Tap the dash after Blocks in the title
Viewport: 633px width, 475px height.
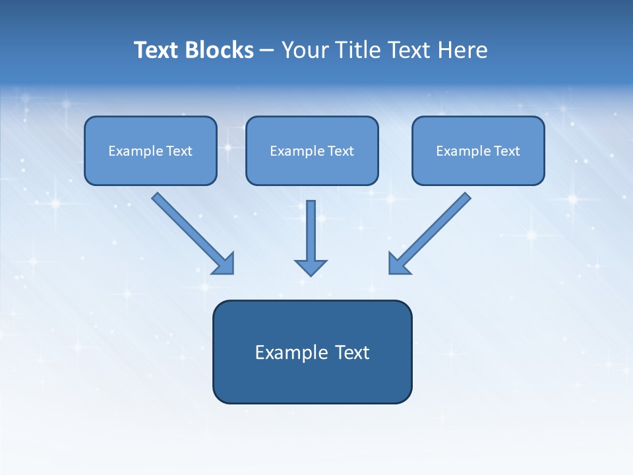click(267, 51)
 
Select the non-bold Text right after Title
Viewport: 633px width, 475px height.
click(410, 50)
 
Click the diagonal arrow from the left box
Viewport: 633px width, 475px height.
click(191, 232)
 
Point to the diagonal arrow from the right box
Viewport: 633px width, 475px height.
click(432, 232)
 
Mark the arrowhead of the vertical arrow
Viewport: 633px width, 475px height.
click(311, 267)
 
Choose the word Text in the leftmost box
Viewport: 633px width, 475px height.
click(179, 151)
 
